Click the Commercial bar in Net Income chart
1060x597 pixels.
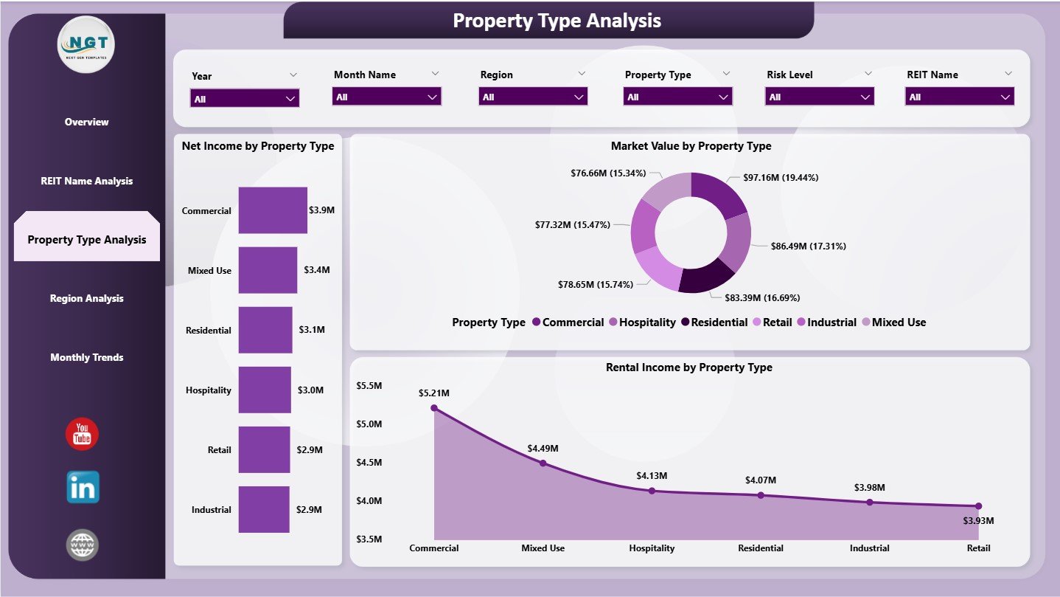pos(273,210)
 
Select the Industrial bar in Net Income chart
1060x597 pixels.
pos(264,509)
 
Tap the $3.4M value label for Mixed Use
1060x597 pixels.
pos(317,270)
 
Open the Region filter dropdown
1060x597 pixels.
pos(533,97)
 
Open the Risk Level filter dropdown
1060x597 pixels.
pos(820,97)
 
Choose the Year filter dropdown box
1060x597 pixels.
pos(245,98)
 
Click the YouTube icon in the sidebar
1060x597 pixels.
pos(82,434)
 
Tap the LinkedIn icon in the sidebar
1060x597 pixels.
pos(83,487)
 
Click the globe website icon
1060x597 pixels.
pos(82,545)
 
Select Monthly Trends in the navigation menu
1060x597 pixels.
pos(87,357)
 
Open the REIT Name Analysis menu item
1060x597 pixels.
pos(87,181)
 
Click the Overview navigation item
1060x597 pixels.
pos(87,122)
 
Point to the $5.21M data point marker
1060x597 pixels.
pos(434,407)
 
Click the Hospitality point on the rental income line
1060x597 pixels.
pos(652,491)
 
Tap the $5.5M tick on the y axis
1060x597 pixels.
pos(369,386)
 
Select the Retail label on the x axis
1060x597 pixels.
pos(977,548)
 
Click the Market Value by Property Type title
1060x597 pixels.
pos(691,146)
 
